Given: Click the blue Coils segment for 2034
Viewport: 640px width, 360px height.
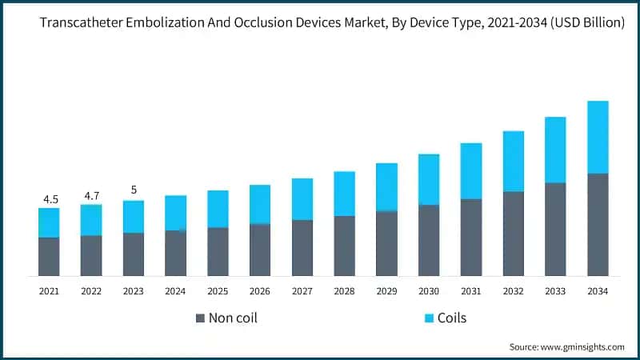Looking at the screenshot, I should click(x=598, y=137).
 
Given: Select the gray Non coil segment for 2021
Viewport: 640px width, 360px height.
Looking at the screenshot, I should click(x=49, y=256).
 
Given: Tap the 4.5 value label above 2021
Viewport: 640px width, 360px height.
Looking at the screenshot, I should click(x=49, y=199).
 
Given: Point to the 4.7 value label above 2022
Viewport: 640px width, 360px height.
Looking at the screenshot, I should click(x=91, y=195).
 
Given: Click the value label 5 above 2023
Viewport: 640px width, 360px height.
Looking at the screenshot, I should click(x=134, y=190).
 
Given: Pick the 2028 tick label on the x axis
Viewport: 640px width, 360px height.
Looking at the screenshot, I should click(x=344, y=292).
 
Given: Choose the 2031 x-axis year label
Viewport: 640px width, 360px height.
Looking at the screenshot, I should click(x=470, y=292).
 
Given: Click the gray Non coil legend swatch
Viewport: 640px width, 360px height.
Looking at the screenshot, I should click(x=200, y=318).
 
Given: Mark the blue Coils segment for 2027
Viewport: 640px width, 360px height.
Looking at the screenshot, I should click(x=302, y=199).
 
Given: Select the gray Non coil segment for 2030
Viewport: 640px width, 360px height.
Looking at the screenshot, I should click(x=429, y=240).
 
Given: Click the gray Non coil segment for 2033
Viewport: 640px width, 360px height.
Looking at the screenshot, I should click(x=555, y=229).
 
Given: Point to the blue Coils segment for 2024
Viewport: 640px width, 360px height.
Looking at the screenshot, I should click(x=176, y=213).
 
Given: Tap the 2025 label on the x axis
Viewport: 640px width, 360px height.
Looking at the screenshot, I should click(x=218, y=292).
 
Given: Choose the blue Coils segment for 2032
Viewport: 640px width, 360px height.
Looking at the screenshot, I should click(x=513, y=162).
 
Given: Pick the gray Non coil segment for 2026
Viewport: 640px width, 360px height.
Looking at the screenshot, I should click(x=260, y=250).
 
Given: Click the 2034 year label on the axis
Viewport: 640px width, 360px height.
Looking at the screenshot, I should click(x=598, y=292).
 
